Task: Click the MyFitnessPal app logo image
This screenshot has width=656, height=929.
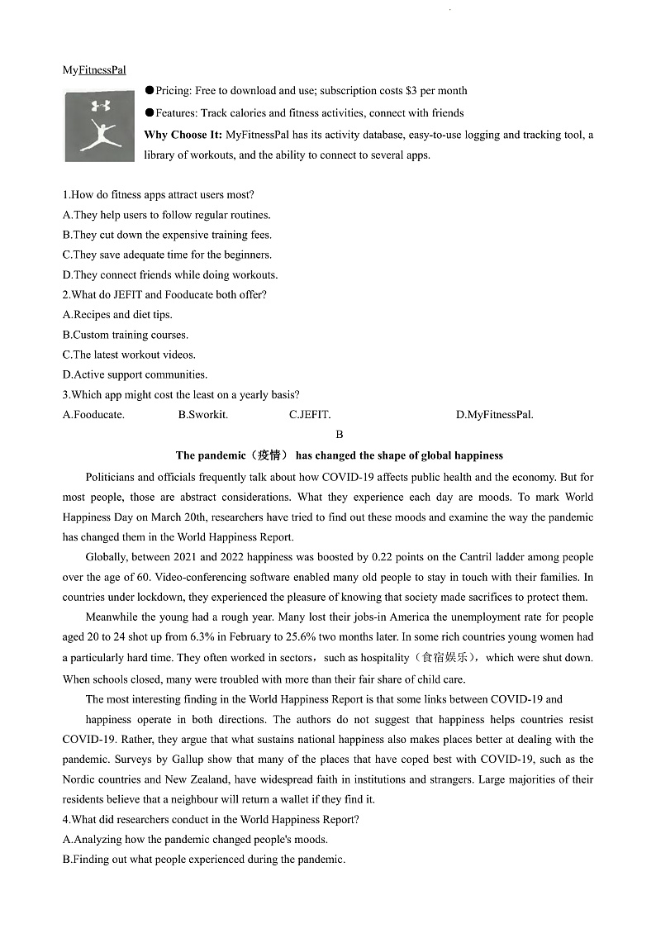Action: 99,126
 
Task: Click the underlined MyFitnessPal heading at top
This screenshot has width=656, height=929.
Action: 94,70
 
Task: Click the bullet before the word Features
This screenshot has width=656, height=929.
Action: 150,113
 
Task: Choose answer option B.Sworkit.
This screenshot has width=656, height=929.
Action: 203,415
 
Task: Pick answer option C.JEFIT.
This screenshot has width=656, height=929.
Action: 310,415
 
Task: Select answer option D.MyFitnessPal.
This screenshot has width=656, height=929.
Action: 494,415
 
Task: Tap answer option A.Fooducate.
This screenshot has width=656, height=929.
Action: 93,415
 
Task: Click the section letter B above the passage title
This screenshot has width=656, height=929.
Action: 340,435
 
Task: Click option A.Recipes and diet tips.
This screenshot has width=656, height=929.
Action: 117,315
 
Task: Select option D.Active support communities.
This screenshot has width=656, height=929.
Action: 135,374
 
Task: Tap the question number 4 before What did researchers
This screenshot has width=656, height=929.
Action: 66,820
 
